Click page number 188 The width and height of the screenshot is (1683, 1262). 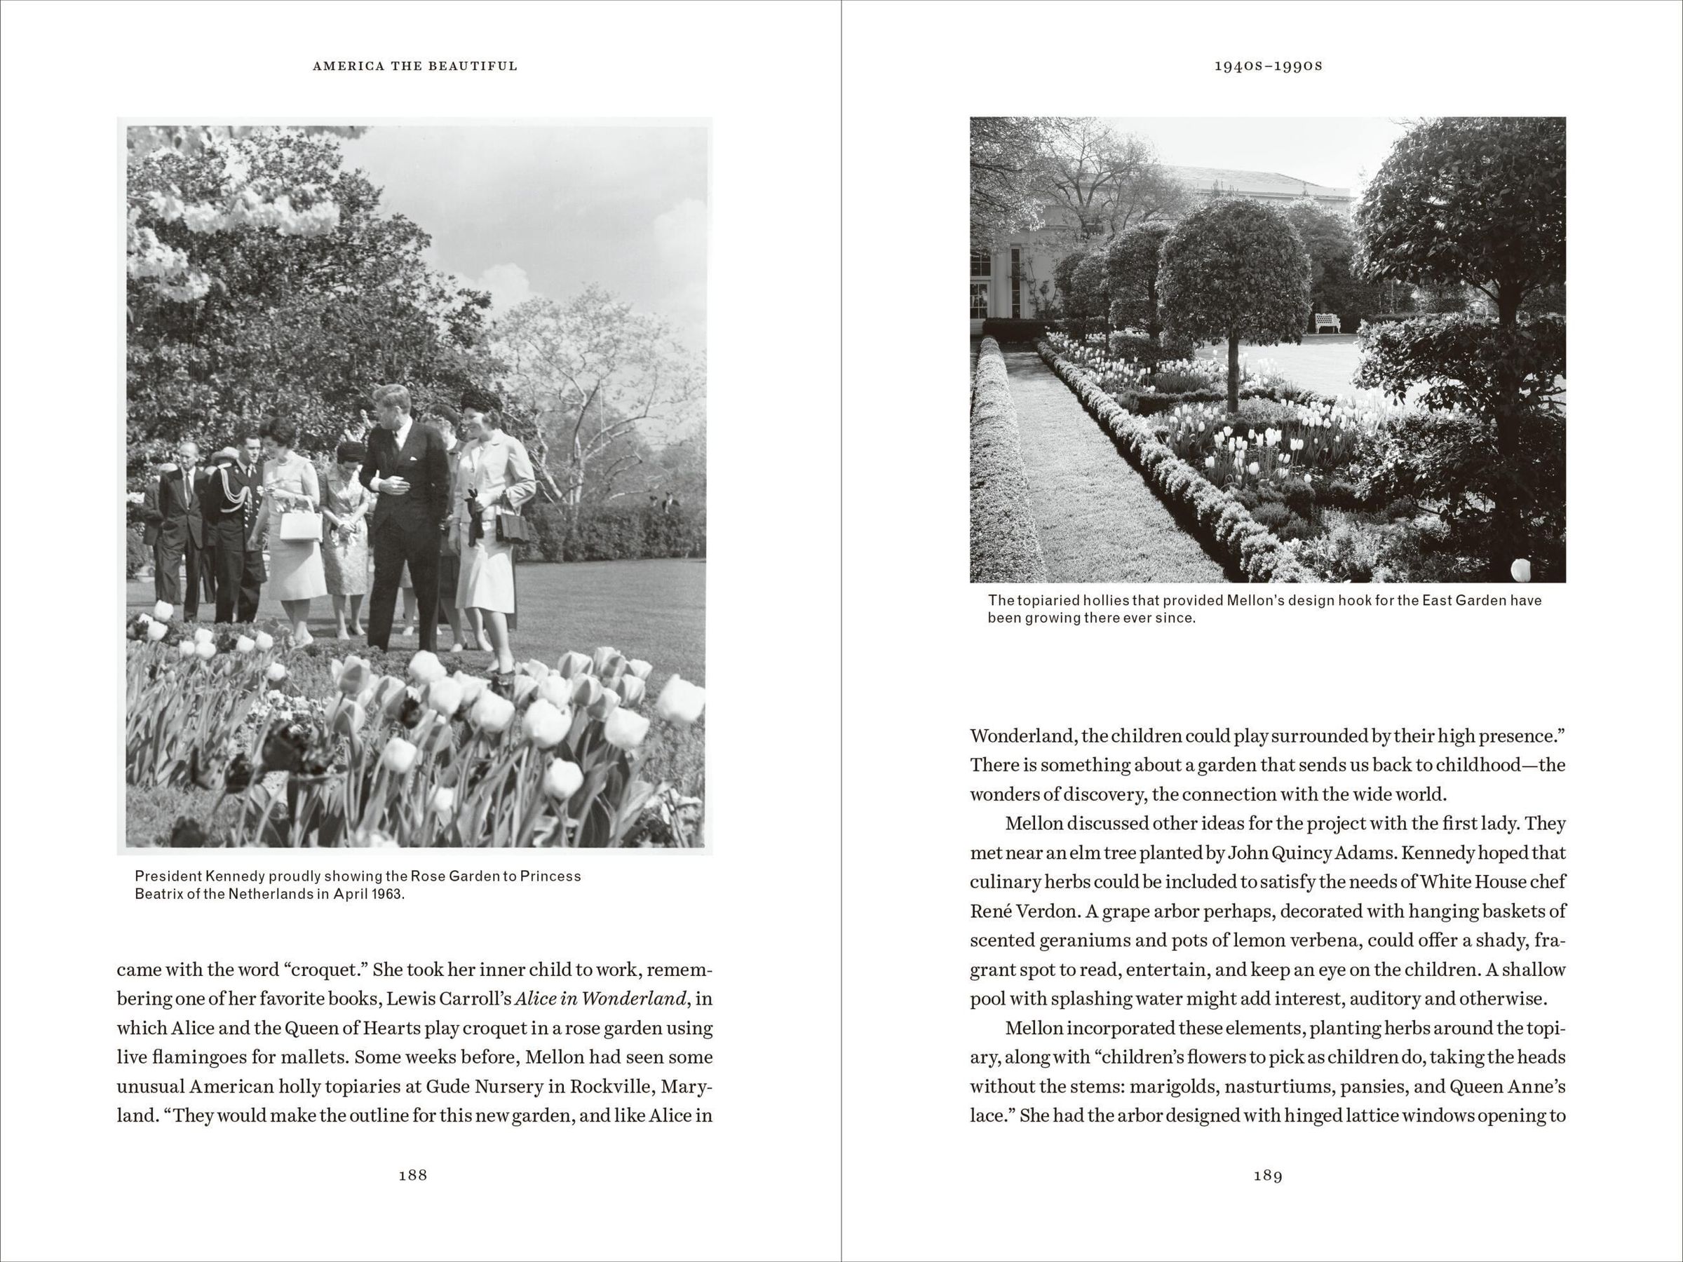[412, 1175]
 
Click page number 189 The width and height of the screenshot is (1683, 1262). [1268, 1175]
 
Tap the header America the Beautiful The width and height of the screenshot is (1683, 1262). [414, 66]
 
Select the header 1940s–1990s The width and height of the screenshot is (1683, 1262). [1269, 66]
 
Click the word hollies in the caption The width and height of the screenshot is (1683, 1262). [1096, 600]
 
